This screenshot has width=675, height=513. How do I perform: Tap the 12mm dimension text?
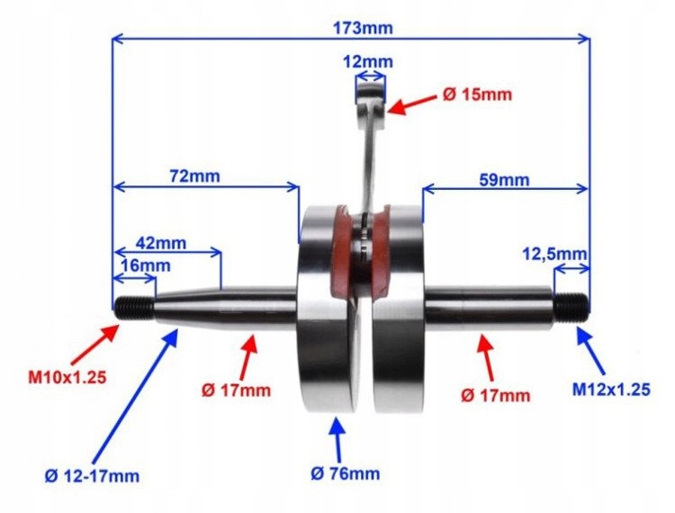pos(368,62)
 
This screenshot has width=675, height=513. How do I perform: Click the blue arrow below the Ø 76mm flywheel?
pos(337,437)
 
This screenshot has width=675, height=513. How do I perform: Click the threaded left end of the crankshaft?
pos(133,306)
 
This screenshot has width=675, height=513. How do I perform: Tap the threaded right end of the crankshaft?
pos(571,308)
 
